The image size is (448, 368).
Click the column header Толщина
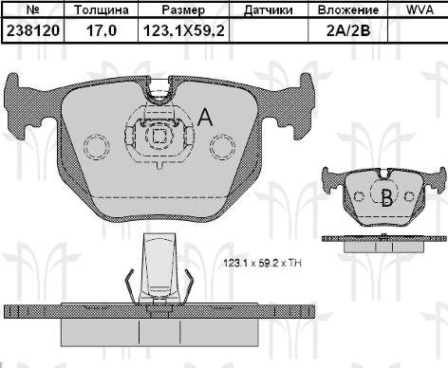pos(102,9)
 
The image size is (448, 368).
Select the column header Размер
pos(183,9)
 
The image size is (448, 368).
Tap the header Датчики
pos(269,10)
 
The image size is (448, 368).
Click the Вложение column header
pos(348,9)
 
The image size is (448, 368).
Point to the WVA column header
pos(420,9)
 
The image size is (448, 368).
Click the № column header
pos(33,9)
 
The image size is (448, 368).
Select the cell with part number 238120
pos(33,30)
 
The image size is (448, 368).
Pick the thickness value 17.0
pos(102,30)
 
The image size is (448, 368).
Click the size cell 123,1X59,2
pos(184,30)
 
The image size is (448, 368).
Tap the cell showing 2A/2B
pos(348,30)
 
